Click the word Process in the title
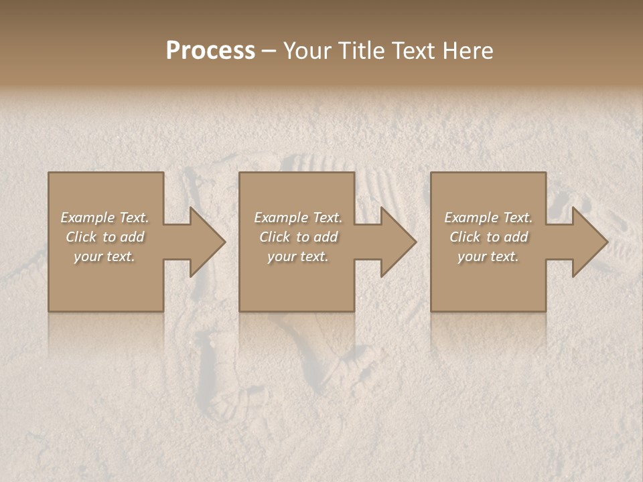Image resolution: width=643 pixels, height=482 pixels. tap(210, 51)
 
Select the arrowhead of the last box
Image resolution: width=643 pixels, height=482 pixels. tap(585, 242)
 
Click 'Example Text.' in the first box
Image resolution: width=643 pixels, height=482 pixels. tap(104, 218)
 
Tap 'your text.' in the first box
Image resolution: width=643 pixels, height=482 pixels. tap(104, 256)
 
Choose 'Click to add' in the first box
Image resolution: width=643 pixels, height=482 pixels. tap(104, 237)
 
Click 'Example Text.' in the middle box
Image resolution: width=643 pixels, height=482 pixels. tap(298, 218)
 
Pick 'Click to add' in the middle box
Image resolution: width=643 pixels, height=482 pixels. tap(298, 237)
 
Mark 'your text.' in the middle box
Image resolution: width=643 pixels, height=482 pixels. tap(298, 256)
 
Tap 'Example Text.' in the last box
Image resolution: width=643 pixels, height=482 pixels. tap(488, 218)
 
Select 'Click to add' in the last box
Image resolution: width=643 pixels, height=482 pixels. tap(488, 237)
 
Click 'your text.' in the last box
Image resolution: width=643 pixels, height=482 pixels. tap(488, 256)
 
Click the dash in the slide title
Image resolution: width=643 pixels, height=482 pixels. tap(269, 52)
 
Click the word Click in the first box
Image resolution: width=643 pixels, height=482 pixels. tap(81, 237)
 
